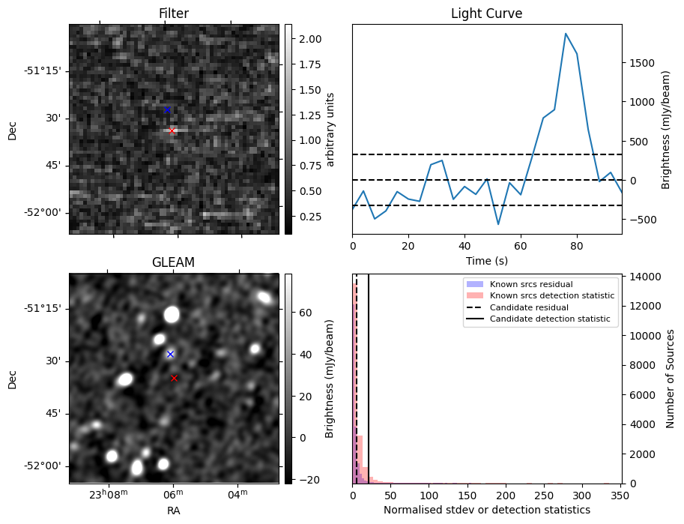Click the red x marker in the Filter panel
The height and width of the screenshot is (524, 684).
172,130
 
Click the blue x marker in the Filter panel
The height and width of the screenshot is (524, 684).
167,110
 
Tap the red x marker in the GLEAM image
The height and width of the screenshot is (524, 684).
175,379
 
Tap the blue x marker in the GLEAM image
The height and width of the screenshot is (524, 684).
170,354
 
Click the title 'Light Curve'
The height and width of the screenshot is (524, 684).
486,13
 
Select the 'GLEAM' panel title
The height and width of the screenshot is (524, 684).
173,262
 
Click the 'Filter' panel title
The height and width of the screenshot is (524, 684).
173,13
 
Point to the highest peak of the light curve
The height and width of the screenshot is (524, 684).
566,34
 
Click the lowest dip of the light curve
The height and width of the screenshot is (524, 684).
497,224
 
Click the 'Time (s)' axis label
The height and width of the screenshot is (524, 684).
486,259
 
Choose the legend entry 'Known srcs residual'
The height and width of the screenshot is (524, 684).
530,284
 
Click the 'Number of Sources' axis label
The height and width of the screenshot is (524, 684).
671,379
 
